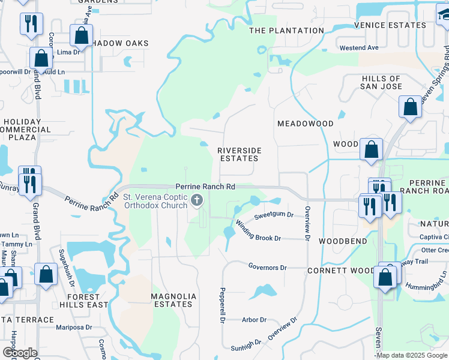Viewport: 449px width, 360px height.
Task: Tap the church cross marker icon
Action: [x=196, y=200]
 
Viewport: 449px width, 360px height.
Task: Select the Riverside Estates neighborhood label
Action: [x=238, y=154]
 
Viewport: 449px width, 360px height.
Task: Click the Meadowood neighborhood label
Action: [x=305, y=124]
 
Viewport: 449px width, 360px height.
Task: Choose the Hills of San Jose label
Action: [x=381, y=82]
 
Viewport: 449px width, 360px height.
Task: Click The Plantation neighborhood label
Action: [x=286, y=31]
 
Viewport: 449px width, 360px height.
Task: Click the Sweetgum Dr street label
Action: [x=273, y=215]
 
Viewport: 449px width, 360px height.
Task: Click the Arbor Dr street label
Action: [x=255, y=320]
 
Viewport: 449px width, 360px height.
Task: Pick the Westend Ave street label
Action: [x=359, y=47]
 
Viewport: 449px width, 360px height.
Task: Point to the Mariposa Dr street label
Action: [x=73, y=328]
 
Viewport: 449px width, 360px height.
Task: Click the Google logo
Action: [x=19, y=353]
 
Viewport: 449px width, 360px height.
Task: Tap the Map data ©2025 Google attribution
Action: [x=411, y=355]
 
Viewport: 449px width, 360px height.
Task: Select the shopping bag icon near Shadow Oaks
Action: [x=81, y=35]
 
